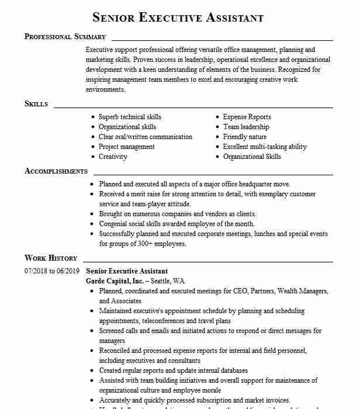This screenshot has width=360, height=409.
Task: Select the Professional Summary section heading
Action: coord(65,36)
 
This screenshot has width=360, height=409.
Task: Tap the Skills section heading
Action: coord(36,103)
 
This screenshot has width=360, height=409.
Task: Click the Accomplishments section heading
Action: coord(56,171)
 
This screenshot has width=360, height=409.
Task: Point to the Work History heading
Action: coord(51,258)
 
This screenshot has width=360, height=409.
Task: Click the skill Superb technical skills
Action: coord(130,117)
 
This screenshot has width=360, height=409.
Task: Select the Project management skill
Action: coord(127,147)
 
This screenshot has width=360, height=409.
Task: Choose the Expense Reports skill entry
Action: coord(247,117)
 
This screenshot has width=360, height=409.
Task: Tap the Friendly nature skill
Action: coord(245,137)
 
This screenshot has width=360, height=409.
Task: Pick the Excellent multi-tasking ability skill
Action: coord(265,147)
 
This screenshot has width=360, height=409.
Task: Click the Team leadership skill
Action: coord(246,127)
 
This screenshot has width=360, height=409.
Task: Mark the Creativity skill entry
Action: coord(113,157)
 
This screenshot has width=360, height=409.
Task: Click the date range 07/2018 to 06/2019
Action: coord(51,271)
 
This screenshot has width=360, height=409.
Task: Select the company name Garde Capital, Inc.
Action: coord(115,280)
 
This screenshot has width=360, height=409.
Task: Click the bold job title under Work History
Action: coord(127,271)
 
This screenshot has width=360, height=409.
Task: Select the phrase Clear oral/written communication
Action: coord(146,137)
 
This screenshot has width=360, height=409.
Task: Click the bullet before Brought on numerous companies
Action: coord(93,214)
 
